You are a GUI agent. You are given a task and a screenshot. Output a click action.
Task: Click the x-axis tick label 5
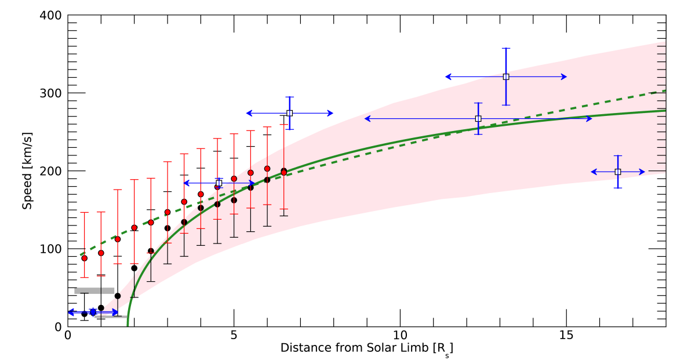tap(234, 336)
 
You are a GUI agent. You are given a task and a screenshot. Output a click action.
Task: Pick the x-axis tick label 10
tap(400, 336)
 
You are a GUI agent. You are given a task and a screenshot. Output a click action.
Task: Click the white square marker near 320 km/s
tap(506, 77)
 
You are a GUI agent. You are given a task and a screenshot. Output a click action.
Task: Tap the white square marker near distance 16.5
tap(618, 172)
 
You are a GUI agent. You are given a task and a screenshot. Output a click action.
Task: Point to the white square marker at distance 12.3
tap(478, 118)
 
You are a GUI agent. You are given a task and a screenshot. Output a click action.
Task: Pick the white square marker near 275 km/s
tap(290, 113)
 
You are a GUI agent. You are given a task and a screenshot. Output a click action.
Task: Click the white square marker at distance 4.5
tap(219, 183)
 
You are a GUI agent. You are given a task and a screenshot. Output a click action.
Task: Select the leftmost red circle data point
tap(84, 258)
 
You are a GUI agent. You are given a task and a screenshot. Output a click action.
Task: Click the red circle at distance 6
tap(267, 169)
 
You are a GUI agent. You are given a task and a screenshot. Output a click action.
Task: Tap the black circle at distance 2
tap(134, 268)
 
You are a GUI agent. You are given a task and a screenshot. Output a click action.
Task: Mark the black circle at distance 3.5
tap(184, 222)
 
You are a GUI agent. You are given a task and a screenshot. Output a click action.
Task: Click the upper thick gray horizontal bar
tap(94, 290)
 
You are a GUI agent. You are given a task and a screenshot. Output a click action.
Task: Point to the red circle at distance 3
tap(168, 212)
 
